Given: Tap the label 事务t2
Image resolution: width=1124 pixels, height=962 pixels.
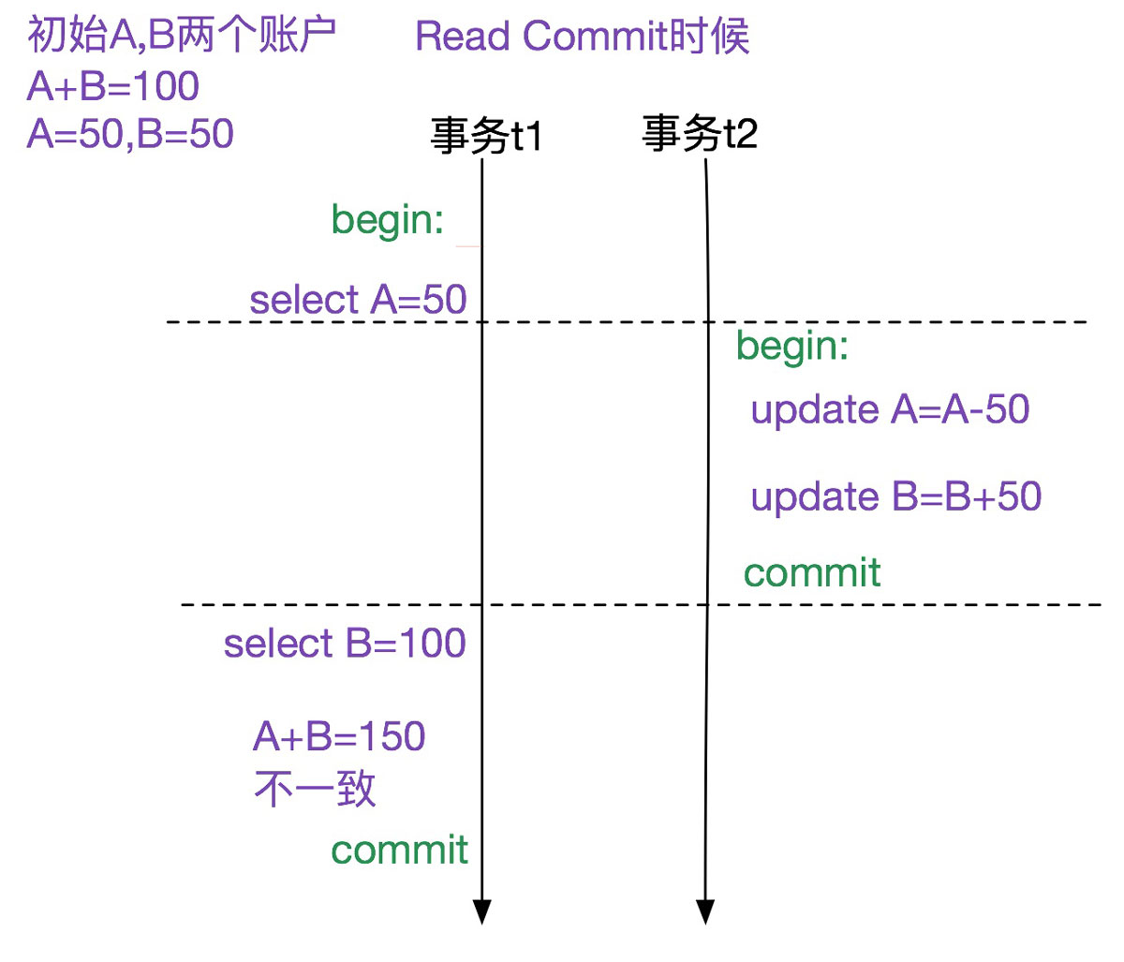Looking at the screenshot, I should coord(700,133).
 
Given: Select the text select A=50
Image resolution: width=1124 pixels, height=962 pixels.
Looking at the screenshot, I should coord(358,300).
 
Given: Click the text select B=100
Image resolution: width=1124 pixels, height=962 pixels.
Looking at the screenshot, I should coord(344,644).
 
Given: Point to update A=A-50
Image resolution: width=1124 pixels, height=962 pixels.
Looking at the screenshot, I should coord(890,410).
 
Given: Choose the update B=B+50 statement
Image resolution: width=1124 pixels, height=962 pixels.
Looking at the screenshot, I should coord(895,496).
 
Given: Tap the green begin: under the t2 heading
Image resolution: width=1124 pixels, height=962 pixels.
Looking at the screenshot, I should coord(792,347).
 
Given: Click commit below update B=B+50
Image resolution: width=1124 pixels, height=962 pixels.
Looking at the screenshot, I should coord(812,572).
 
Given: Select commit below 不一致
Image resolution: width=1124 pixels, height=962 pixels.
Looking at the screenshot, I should coord(399,850).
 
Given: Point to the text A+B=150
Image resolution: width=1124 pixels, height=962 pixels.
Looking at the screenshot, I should coord(339,737).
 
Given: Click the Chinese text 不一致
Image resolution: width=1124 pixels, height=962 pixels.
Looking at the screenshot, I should coord(315,790).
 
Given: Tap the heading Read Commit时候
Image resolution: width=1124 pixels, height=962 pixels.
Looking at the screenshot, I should coord(582,37).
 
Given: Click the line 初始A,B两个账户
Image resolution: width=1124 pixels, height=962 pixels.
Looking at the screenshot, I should coord(182,36).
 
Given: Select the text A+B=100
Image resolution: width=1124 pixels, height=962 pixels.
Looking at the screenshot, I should coord(113,86).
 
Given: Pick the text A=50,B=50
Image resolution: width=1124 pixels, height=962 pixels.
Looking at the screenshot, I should coord(130,134).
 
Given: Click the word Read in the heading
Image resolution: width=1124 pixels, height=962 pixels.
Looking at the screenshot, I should coord(464,37).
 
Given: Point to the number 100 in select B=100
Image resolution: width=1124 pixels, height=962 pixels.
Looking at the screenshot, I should coord(433,644).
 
